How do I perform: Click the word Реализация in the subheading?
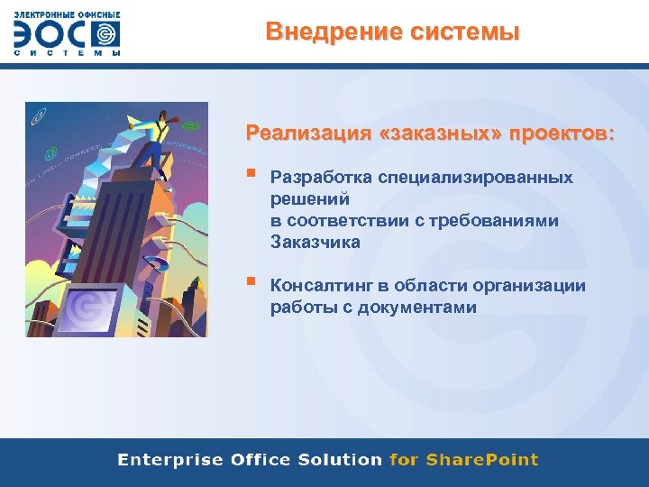pos(307,133)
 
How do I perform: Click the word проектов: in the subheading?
pos(561,133)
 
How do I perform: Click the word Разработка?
pos(321,178)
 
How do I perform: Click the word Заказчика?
pos(315,242)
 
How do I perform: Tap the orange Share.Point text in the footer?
pos(481,460)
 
